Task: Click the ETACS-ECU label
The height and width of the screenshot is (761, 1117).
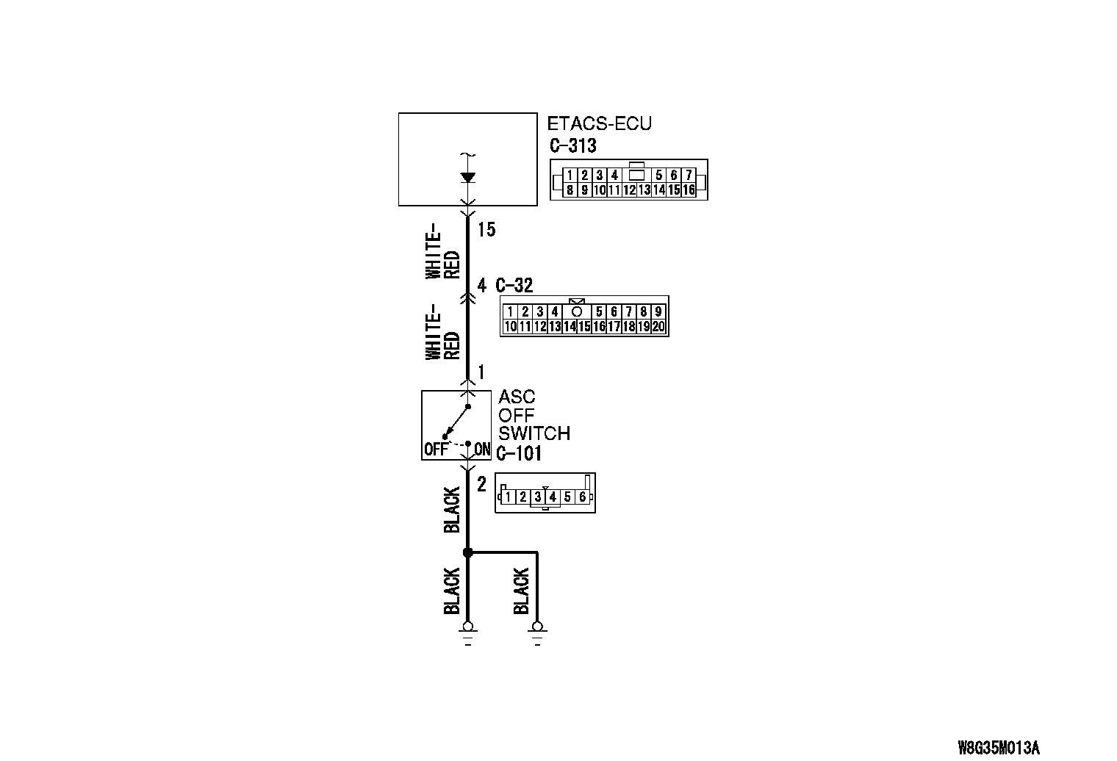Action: [x=599, y=123]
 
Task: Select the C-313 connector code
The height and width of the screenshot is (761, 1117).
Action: [x=572, y=145]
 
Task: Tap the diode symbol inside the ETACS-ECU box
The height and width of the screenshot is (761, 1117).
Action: [x=467, y=177]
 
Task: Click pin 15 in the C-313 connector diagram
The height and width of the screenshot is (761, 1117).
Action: [x=674, y=190]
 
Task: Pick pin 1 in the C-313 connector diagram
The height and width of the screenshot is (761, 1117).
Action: [x=570, y=175]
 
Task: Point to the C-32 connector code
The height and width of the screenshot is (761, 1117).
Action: [x=514, y=285]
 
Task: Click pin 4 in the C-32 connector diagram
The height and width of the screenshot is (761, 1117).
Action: [x=555, y=311]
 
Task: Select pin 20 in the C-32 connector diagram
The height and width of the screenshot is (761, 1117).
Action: [x=658, y=327]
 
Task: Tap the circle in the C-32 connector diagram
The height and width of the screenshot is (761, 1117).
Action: [x=577, y=311]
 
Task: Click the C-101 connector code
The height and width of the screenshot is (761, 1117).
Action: [x=519, y=453]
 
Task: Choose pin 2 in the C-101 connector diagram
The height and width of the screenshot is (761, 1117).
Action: [x=522, y=497]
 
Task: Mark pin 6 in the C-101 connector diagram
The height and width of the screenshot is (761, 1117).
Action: [x=582, y=497]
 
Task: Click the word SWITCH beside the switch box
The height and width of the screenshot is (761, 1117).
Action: [x=534, y=433]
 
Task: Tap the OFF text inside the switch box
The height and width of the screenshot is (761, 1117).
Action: [x=435, y=449]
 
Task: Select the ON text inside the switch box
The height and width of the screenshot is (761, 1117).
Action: [x=482, y=449]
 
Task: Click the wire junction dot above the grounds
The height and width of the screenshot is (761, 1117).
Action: [x=467, y=552]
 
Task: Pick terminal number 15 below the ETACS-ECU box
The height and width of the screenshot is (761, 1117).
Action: [x=486, y=230]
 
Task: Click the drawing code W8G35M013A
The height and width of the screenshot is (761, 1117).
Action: [x=999, y=748]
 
